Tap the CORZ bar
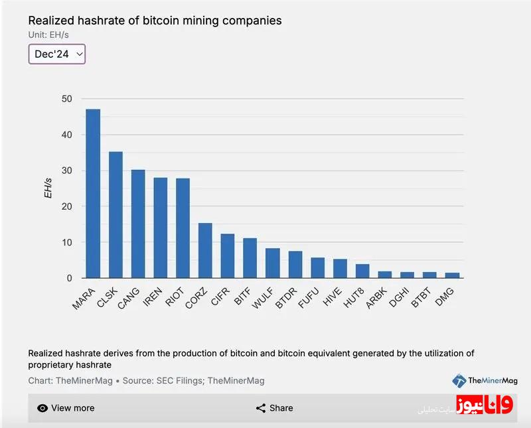pos(205,251)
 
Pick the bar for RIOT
pos(183,228)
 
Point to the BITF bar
pos(250,258)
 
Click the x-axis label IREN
pos(153,297)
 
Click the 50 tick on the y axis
pos(66,99)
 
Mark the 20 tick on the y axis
pos(66,206)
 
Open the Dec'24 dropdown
pos(57,54)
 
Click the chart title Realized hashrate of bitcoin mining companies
pos(155,21)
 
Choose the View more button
pos(66,408)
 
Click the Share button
pos(274,408)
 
